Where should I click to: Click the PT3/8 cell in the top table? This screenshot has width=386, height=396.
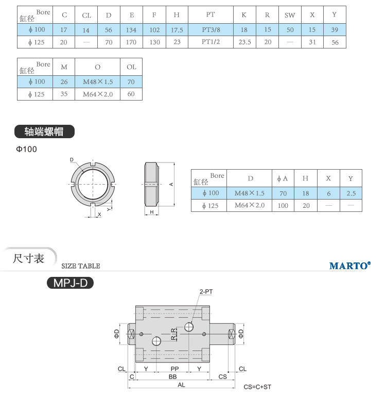pyautogui.click(x=211, y=30)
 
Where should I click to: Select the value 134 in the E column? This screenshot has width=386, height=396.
pyautogui.click(x=131, y=30)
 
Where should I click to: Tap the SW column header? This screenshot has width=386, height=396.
pyautogui.click(x=290, y=15)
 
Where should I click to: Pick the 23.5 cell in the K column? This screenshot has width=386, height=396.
pyautogui.click(x=244, y=42)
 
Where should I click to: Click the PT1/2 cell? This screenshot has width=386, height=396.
pyautogui.click(x=210, y=42)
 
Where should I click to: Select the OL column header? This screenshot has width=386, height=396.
pyautogui.click(x=131, y=67)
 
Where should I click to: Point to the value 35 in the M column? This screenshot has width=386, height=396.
pyautogui.click(x=64, y=94)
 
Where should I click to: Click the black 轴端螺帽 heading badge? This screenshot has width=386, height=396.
pyautogui.click(x=44, y=131)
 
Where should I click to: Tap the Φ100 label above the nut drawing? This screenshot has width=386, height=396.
pyautogui.click(x=26, y=149)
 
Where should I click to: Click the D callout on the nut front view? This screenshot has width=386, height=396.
pyautogui.click(x=72, y=160)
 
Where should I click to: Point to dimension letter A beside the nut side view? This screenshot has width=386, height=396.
pyautogui.click(x=171, y=185)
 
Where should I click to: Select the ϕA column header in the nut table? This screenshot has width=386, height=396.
pyautogui.click(x=283, y=178)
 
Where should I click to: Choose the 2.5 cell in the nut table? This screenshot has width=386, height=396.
pyautogui.click(x=351, y=193)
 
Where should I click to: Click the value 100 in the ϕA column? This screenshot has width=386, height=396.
pyautogui.click(x=283, y=206)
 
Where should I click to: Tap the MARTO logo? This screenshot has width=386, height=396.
pyautogui.click(x=350, y=266)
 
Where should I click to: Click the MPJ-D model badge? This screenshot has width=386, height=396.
pyautogui.click(x=71, y=283)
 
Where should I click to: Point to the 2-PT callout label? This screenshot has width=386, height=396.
pyautogui.click(x=206, y=292)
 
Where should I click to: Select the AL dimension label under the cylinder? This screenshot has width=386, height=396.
pyautogui.click(x=181, y=385)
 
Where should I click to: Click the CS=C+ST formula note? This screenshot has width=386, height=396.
pyautogui.click(x=257, y=387)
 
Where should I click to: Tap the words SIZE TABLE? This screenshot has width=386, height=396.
pyautogui.click(x=81, y=266)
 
